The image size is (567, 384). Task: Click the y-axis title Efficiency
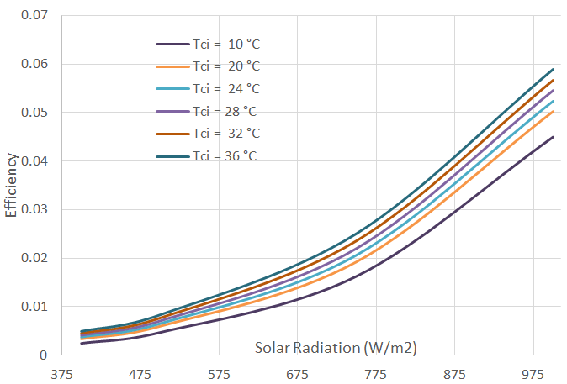(x=11, y=185)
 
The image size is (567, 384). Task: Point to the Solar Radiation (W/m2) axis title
(x=336, y=347)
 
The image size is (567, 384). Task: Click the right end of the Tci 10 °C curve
(x=553, y=137)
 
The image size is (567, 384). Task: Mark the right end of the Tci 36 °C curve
(x=553, y=69)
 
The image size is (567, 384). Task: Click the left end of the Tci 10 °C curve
(x=82, y=343)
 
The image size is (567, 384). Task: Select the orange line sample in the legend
(x=171, y=66)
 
